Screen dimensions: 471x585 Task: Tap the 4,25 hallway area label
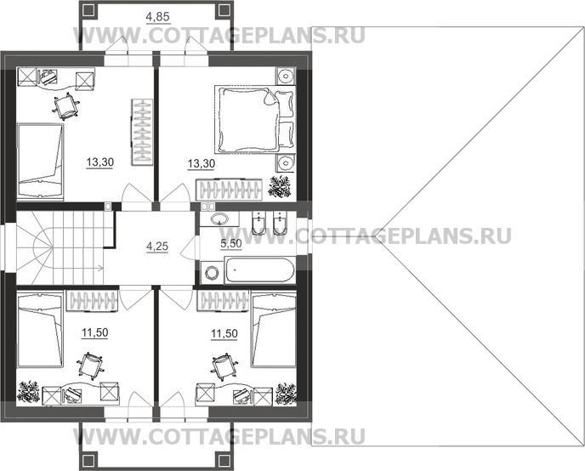(156, 247)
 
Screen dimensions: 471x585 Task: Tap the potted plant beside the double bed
(280, 186)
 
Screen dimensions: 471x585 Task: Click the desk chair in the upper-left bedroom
(64, 106)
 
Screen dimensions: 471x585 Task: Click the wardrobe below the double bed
(226, 190)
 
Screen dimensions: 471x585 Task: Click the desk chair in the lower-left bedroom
(88, 366)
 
